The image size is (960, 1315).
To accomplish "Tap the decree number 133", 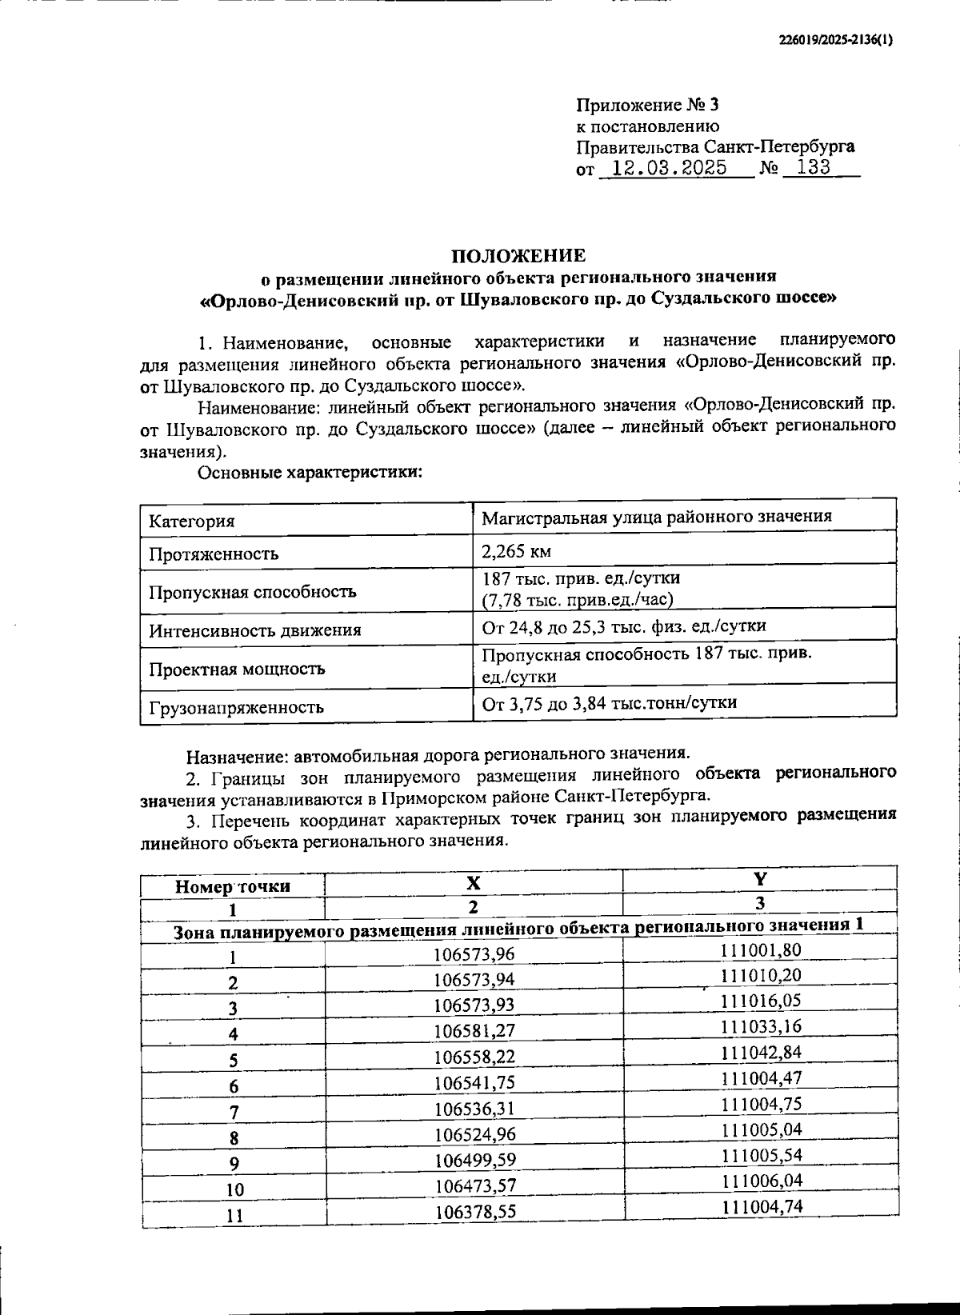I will [x=808, y=168].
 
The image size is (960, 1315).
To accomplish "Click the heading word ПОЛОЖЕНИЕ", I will [x=518, y=256].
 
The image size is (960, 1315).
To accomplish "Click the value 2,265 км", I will [x=516, y=551].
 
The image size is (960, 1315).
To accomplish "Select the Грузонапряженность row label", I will [x=236, y=707].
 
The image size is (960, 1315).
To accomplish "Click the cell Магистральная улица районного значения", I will [x=656, y=516].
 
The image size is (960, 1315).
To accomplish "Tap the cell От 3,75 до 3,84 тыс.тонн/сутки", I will [x=609, y=702].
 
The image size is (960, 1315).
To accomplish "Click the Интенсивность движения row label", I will [x=254, y=630].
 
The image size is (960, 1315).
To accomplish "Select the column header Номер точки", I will [x=233, y=886].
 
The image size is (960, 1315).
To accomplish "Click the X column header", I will [x=474, y=882].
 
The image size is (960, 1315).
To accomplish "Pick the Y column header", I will [x=759, y=879].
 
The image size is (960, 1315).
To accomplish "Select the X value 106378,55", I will [x=474, y=1212].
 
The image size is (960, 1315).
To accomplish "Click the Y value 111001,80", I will [x=761, y=949].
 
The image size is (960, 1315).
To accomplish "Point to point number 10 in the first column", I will [x=234, y=1189].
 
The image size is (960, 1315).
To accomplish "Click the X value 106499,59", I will [x=474, y=1160].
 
